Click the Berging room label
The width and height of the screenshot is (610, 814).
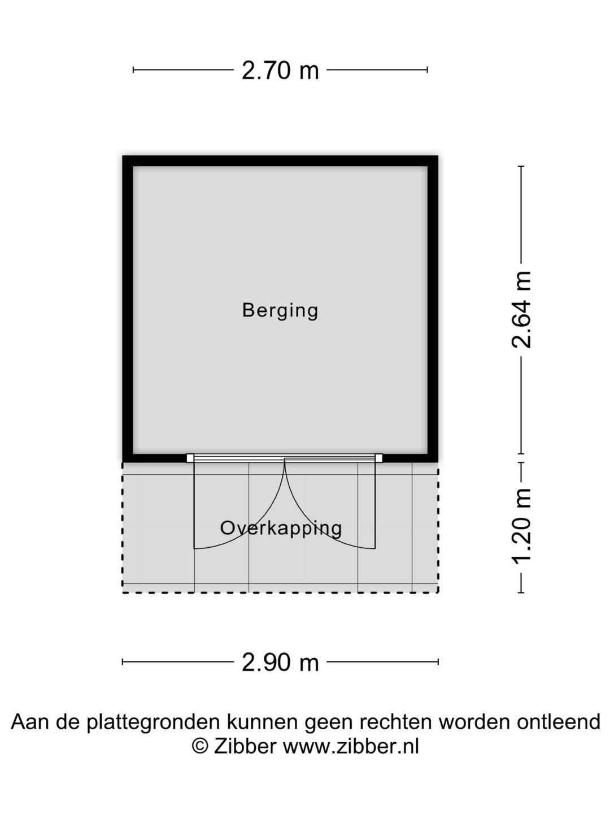[280, 311]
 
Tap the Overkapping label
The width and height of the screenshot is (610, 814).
[281, 529]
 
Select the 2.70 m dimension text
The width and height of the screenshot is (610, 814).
[280, 71]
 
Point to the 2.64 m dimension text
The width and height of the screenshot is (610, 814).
[521, 310]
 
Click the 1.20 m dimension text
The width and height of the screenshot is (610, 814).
[521, 526]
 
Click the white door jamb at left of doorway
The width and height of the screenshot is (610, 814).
[190, 458]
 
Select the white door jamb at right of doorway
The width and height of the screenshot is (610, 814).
[378, 458]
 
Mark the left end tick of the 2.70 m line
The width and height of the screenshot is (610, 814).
[133, 70]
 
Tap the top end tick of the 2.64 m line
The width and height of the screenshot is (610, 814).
[521, 167]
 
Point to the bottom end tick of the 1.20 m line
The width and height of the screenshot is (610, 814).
[521, 592]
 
